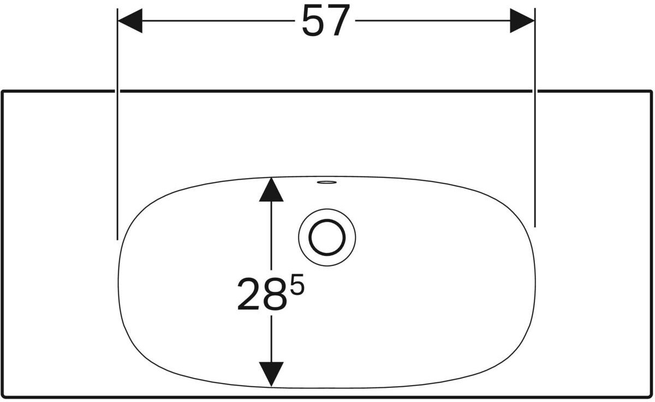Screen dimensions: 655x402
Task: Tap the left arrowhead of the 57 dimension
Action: (x=130, y=21)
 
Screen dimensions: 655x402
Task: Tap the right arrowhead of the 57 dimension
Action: (x=522, y=21)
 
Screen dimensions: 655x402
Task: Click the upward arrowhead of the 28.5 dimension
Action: (x=271, y=190)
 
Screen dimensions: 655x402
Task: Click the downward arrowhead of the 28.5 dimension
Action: (x=271, y=374)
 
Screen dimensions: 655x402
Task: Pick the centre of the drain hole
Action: (x=327, y=238)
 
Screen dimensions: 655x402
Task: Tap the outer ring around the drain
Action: (x=327, y=211)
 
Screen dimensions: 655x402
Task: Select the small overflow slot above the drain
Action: (x=326, y=182)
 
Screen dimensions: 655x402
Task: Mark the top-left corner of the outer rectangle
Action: (x=3, y=91)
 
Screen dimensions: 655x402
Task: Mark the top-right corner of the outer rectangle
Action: (x=651, y=91)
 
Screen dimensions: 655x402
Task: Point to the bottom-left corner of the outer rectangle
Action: (x=3, y=397)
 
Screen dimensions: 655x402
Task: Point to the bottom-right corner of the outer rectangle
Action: (x=651, y=397)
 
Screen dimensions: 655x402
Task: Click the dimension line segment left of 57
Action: (x=218, y=21)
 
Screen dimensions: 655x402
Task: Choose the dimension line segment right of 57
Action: (x=431, y=21)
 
